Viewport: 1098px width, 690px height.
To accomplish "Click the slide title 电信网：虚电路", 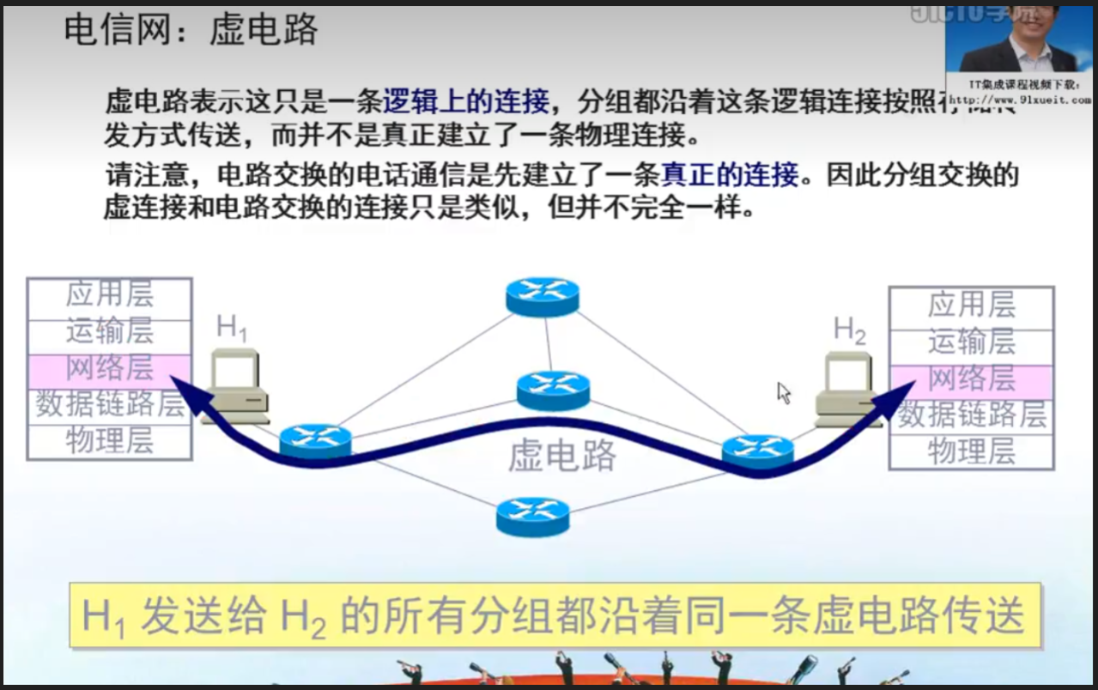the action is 191,31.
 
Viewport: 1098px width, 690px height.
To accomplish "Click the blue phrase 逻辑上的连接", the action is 465,102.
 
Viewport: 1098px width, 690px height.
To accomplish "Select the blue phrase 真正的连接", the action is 730,175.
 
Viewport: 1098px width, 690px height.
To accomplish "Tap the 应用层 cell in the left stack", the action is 109,294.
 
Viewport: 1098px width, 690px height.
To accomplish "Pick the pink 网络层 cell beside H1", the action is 109,368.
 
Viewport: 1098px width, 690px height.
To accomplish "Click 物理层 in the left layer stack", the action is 109,440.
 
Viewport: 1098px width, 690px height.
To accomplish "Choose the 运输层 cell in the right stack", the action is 971,342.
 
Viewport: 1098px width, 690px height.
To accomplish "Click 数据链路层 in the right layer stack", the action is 972,415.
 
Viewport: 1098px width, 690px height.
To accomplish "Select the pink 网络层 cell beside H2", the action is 971,378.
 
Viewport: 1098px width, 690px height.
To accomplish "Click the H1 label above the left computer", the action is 231,328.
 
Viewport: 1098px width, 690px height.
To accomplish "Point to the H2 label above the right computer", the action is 849,330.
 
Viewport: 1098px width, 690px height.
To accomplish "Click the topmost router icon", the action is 542,296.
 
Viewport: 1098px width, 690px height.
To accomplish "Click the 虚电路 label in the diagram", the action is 561,456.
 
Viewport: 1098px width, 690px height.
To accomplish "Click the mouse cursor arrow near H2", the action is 783,392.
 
